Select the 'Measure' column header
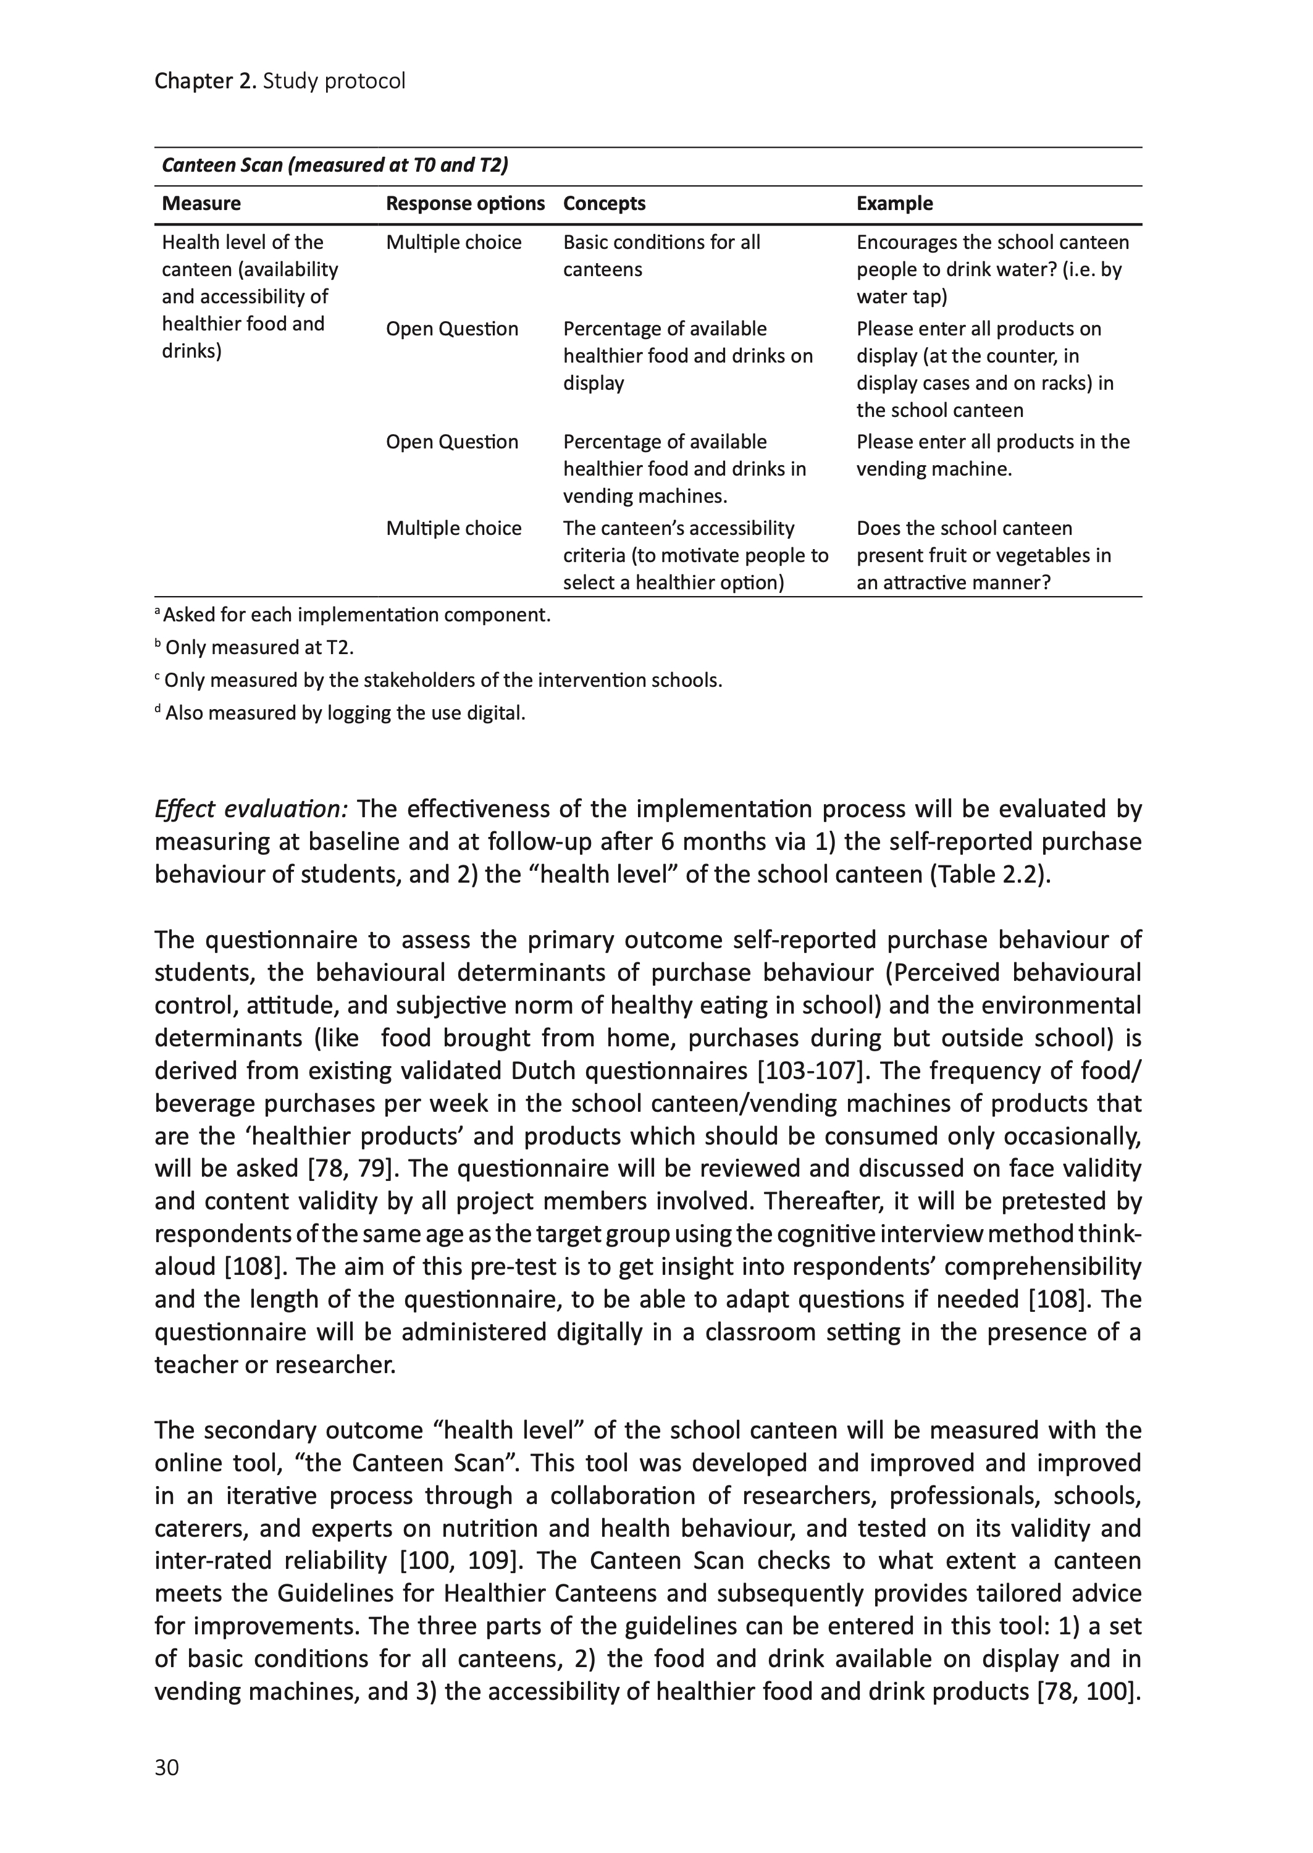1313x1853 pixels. coord(201,204)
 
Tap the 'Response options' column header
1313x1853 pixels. coord(465,204)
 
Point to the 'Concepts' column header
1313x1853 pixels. coord(604,204)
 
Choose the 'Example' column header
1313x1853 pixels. coord(894,204)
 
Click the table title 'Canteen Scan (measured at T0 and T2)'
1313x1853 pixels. coord(335,166)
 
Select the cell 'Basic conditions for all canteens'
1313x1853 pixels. coord(661,256)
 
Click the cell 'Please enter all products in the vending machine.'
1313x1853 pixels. coord(993,455)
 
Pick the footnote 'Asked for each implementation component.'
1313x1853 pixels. coord(356,615)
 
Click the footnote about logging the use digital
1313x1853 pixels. coord(345,713)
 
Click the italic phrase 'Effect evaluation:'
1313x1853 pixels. coord(251,809)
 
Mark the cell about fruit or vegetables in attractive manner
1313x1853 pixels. coord(983,555)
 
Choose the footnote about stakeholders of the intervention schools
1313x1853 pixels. coord(442,681)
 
